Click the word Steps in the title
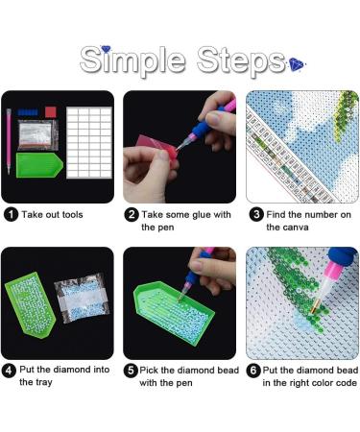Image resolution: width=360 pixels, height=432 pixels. [235, 59]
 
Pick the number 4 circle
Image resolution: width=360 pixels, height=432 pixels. [10, 370]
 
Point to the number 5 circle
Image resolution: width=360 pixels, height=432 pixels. [132, 370]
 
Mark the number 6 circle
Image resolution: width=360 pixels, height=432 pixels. [256, 370]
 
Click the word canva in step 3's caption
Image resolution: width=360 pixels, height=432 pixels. [282, 228]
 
